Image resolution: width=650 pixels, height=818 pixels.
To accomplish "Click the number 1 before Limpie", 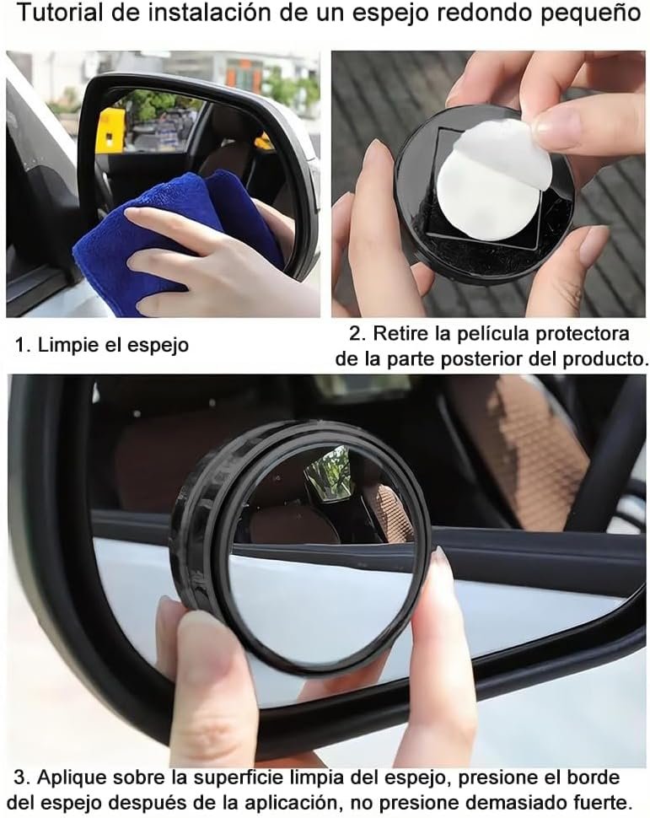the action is coord(22,344).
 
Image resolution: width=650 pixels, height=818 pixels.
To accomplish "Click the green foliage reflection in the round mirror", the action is coord(330,472).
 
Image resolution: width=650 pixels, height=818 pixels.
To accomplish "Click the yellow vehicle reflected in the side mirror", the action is coord(110,131).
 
